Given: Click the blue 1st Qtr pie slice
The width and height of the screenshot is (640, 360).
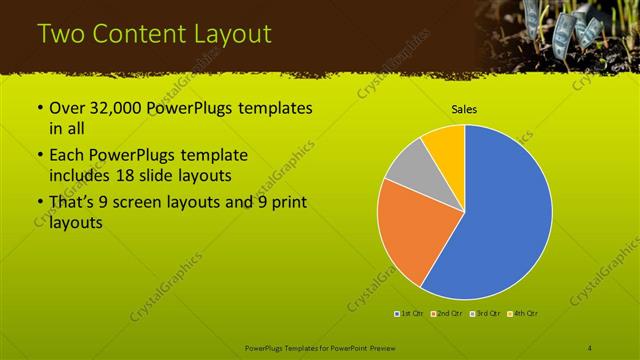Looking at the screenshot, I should pos(510,220).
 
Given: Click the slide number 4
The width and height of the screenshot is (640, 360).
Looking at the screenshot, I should pos(589,347).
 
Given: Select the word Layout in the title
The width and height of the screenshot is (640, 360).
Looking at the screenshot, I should pos(232,34).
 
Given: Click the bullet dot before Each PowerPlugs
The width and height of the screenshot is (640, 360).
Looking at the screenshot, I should pos(39,156).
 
